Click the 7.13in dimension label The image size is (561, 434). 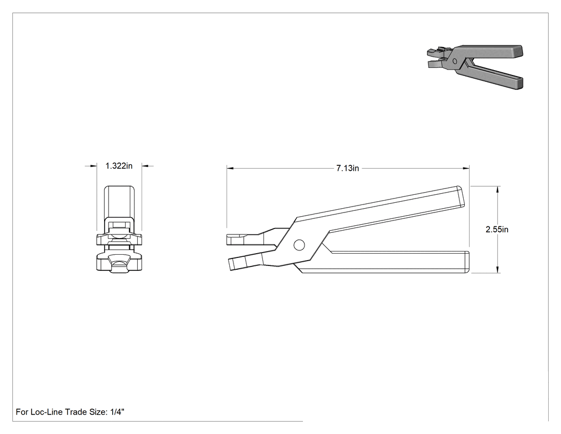tap(347, 168)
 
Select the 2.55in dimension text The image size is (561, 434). tap(496, 230)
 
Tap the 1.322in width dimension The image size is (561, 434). tap(119, 166)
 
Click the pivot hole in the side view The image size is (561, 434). tap(299, 245)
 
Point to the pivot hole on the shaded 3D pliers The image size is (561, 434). tap(455, 61)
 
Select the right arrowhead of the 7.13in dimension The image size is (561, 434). tap(466, 167)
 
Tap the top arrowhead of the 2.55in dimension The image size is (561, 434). tap(497, 189)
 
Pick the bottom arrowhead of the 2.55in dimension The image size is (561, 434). tap(497, 270)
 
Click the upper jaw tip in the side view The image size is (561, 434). tap(228, 240)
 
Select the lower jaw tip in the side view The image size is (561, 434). tap(230, 264)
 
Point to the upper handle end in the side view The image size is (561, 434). tap(463, 196)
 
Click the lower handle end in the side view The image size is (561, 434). tap(467, 262)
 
